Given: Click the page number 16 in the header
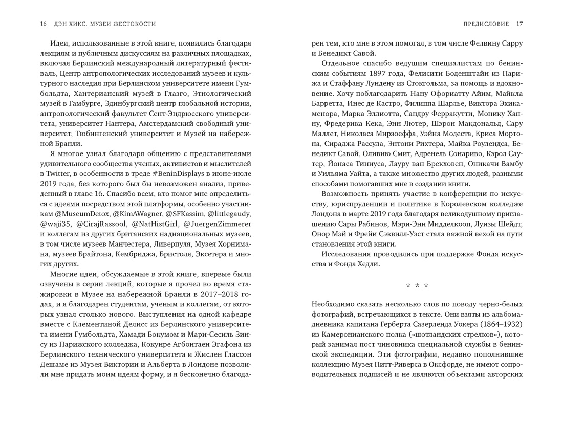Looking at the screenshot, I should pyautogui.click(x=43, y=24).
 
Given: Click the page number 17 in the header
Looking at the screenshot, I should pyautogui.click(x=519, y=24).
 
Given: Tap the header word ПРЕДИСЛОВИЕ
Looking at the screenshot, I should pyautogui.click(x=487, y=24).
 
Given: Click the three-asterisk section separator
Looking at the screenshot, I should pyautogui.click(x=417, y=285).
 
